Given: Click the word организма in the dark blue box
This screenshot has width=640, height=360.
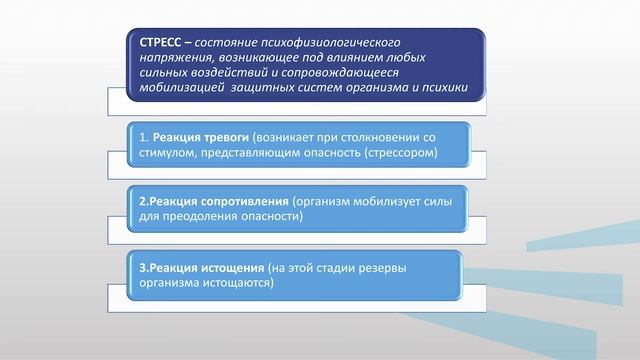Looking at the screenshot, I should click(386, 87).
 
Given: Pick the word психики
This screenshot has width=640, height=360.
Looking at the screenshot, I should click(445, 87).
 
